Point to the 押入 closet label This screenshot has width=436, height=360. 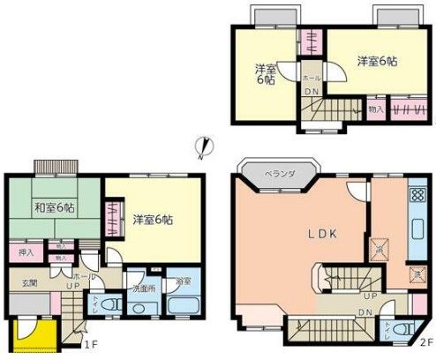click(x=26, y=252)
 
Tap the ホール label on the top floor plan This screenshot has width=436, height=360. click(x=311, y=77)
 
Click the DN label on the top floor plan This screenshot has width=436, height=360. click(x=311, y=91)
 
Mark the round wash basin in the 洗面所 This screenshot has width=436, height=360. click(x=141, y=307)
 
